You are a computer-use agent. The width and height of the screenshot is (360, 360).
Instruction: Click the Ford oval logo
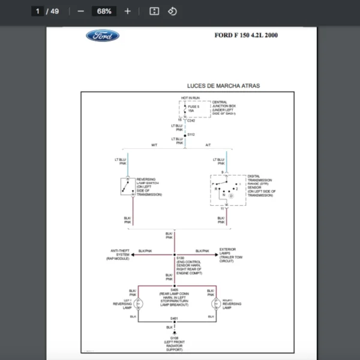pyautogui.click(x=103, y=35)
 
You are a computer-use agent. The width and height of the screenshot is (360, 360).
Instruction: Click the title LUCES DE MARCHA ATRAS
pyautogui.click(x=223, y=86)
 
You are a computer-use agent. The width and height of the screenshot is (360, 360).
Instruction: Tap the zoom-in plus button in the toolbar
pyautogui.click(x=127, y=11)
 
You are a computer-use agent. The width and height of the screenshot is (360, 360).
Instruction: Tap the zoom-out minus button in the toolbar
pyautogui.click(x=80, y=11)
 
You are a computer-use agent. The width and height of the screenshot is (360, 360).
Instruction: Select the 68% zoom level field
pyautogui.click(x=104, y=11)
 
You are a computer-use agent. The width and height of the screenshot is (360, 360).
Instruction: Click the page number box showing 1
pyautogui.click(x=38, y=11)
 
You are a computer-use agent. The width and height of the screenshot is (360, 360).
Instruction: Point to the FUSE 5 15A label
pyautogui.click(x=193, y=109)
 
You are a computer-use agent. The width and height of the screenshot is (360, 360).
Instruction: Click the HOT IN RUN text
pyautogui.click(x=191, y=98)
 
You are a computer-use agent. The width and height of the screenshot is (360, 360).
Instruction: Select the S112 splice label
pyautogui.click(x=191, y=135)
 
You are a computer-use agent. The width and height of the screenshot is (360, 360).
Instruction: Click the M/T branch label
pyautogui.click(x=154, y=146)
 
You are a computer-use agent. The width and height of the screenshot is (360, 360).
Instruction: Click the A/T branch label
pyautogui.click(x=208, y=146)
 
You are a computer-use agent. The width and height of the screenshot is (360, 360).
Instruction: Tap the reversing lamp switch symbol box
pyautogui.click(x=127, y=186)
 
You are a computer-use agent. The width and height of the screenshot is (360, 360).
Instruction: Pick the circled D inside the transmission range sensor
pyautogui.click(x=231, y=196)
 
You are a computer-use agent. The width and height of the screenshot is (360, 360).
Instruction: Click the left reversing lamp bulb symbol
pyautogui.click(x=138, y=304)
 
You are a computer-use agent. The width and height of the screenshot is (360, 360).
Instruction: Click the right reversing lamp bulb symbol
pyautogui.click(x=211, y=304)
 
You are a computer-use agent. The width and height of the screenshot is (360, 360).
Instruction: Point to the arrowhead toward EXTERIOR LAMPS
pyautogui.click(x=216, y=254)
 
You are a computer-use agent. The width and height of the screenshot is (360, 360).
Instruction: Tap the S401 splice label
pyautogui.click(x=174, y=318)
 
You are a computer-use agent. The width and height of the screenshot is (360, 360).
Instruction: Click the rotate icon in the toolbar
pyautogui.click(x=172, y=11)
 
